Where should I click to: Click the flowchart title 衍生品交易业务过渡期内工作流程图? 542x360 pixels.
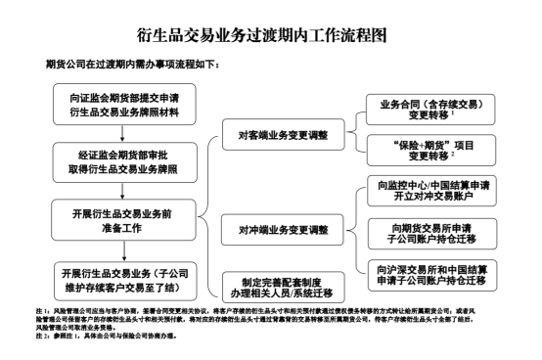(271, 39)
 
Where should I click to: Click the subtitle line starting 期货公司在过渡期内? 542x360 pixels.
(132, 65)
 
